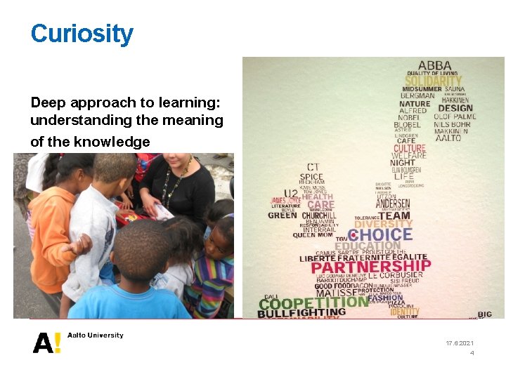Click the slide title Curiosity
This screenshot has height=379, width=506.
click(82, 33)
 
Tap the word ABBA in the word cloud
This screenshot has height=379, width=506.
click(435, 65)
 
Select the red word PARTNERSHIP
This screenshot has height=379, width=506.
click(371, 267)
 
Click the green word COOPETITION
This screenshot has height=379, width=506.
click(313, 302)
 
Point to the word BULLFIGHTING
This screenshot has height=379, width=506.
click(301, 313)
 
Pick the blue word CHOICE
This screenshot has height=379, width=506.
click(380, 234)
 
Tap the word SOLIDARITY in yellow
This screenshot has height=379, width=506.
click(433, 81)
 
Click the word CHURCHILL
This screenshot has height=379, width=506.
click(320, 215)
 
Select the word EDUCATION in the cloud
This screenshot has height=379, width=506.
click(367, 246)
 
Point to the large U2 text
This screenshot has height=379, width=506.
click(290, 193)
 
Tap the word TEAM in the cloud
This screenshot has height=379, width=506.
click(395, 216)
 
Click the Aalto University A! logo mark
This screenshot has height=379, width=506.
click(47, 342)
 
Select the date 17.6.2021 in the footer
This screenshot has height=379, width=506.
click(460, 343)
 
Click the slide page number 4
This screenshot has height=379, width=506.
click(472, 353)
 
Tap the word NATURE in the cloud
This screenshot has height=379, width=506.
click(414, 104)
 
